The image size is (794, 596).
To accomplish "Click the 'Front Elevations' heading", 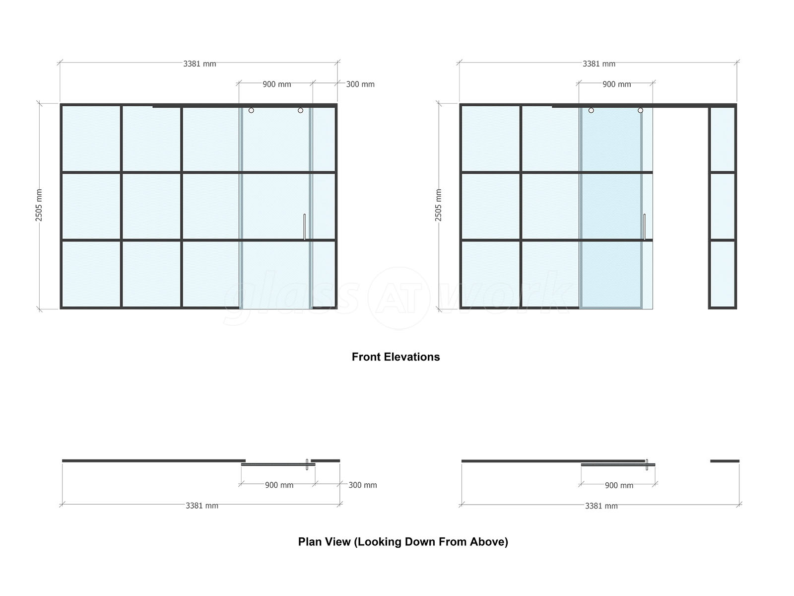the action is pos(396,357).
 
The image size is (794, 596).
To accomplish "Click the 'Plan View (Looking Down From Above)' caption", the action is pos(403,542).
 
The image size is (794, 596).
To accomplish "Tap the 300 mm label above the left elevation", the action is pos(360,84).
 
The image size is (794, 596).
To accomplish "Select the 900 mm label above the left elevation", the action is pos(277,84).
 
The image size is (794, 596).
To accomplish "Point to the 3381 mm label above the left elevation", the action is pos(199,64).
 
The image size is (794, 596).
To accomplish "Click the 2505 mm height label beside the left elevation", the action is pos(39,205).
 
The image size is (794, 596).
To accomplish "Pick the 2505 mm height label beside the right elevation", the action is pos(438,205).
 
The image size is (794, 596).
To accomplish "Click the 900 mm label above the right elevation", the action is pos(617,84).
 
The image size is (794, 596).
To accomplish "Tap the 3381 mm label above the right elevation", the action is pos(599,64).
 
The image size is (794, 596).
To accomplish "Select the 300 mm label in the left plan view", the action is pos(363,485).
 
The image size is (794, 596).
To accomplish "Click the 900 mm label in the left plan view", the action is pos(279,485).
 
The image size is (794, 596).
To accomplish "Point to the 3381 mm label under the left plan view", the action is pos(202,506).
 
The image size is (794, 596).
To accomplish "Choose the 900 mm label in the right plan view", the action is pos(619,485).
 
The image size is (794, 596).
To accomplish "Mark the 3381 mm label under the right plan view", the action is pos(601,506).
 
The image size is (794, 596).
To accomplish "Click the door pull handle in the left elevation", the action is pos(305,227).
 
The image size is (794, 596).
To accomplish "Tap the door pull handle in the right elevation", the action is pos(645,227).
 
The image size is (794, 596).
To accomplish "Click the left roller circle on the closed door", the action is pos(251,110).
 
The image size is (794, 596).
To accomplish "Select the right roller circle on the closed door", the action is pos(301,110).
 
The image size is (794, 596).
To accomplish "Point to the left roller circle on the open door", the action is pos(591,110).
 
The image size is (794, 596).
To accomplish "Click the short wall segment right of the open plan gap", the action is pos(725,461).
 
